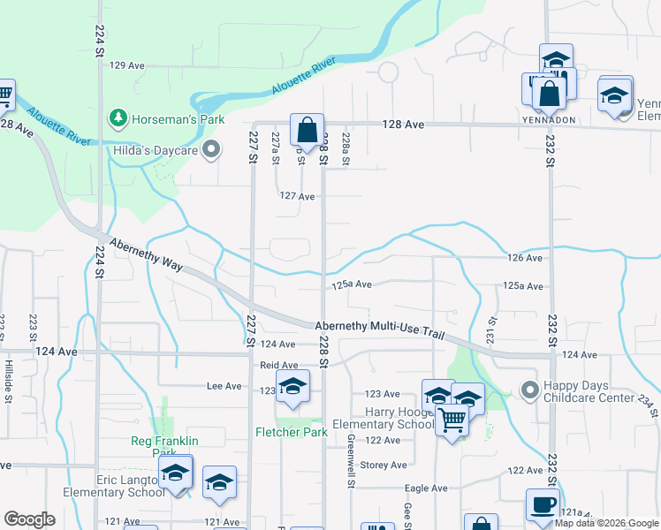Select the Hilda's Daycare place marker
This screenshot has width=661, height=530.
point(211,150)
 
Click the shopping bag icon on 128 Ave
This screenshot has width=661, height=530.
point(306,131)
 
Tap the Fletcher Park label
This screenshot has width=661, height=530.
point(292,432)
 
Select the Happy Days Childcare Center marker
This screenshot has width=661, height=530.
point(529,389)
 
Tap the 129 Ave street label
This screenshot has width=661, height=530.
point(126,65)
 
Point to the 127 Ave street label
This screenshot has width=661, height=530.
point(297,196)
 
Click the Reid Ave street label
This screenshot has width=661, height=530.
point(278,365)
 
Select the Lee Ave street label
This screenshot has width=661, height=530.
point(224,386)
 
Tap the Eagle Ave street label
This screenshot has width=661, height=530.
point(426,488)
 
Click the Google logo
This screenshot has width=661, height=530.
point(30,519)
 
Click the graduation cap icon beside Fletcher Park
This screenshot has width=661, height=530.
point(293,386)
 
